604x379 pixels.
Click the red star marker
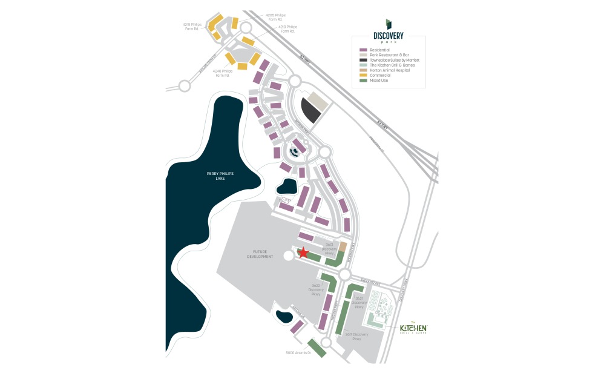point(304,254)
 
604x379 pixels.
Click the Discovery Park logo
point(388,32)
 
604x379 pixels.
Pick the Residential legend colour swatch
point(363,50)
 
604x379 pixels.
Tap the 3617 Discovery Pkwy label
point(357,337)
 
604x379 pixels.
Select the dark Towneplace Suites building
point(310,111)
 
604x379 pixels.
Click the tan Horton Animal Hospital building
point(343,247)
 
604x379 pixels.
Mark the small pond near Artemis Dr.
point(283,317)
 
